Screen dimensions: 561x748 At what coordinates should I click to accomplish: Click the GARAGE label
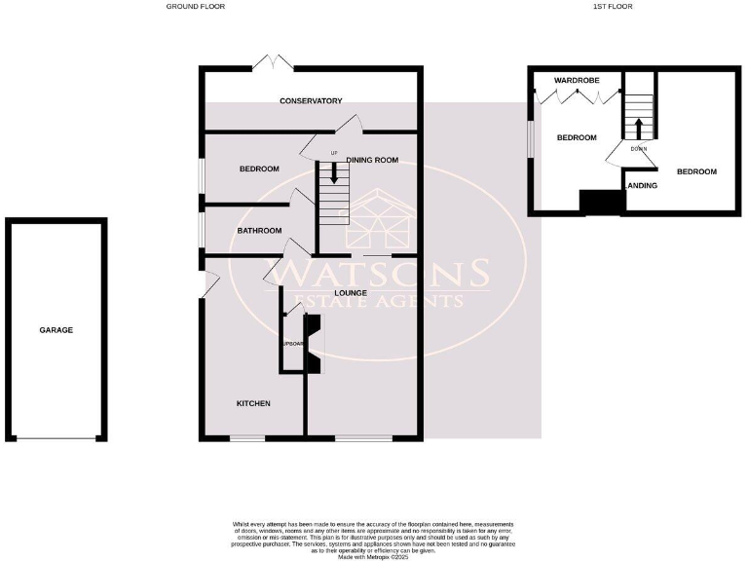(x=56, y=330)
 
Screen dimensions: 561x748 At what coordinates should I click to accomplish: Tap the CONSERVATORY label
(x=311, y=101)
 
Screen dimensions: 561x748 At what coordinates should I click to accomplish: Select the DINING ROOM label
(x=373, y=161)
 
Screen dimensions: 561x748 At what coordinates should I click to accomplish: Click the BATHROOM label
(x=260, y=231)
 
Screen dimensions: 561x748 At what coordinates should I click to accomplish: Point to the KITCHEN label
(x=253, y=403)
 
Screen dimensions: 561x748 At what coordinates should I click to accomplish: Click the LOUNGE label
(x=350, y=291)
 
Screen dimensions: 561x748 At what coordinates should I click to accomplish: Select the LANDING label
(x=641, y=185)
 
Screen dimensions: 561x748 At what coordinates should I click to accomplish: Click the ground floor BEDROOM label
(x=259, y=169)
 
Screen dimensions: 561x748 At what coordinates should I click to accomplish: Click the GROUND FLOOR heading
(x=196, y=6)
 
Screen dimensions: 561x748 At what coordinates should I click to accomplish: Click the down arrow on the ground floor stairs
(x=334, y=174)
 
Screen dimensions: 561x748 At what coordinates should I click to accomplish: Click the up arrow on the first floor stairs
(x=639, y=128)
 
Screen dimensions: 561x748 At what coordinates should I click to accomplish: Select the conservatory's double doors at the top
(x=273, y=62)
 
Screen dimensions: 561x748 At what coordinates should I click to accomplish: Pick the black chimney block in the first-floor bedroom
(x=601, y=201)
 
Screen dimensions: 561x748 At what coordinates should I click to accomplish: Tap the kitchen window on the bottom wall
(x=247, y=438)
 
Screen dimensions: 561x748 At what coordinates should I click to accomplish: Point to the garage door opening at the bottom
(x=56, y=439)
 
